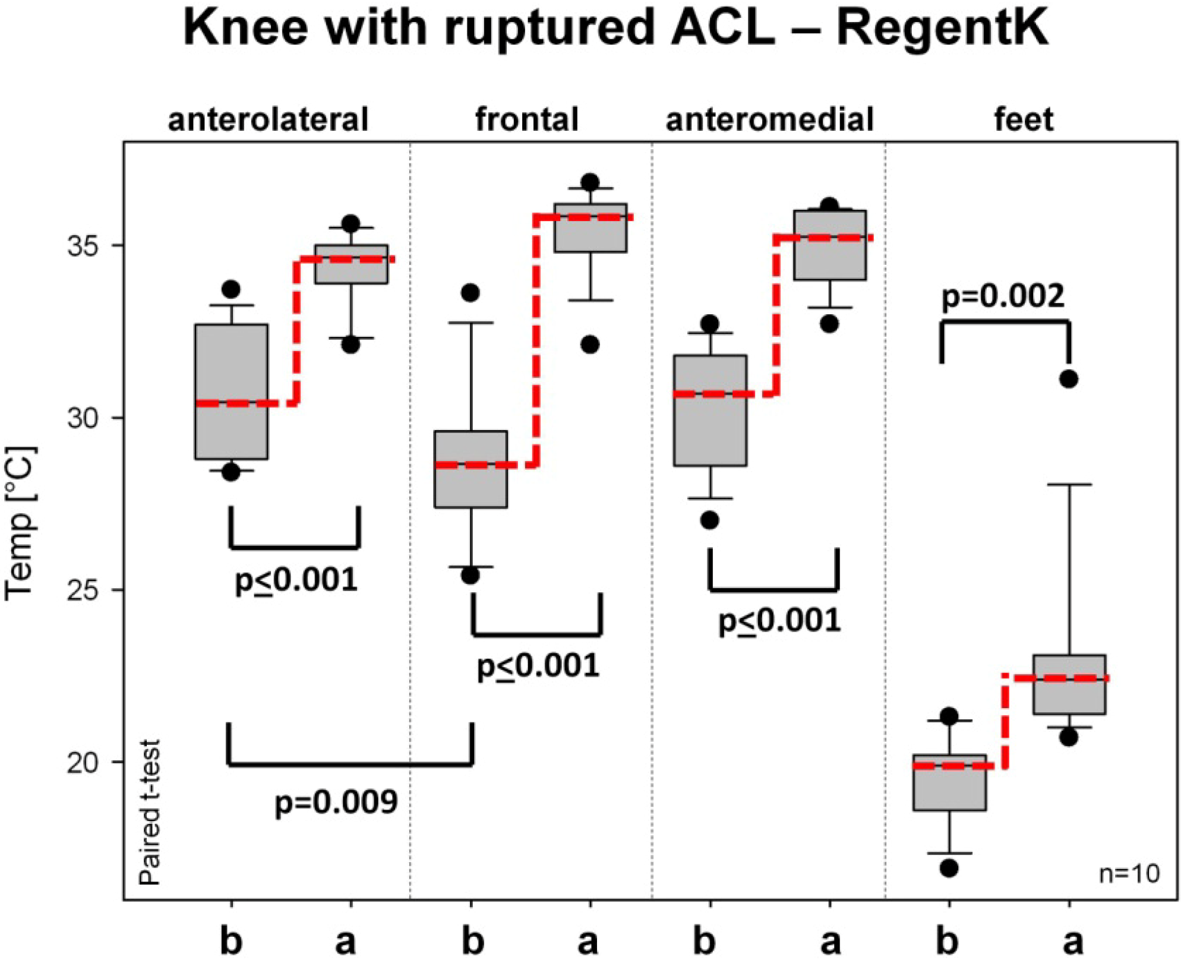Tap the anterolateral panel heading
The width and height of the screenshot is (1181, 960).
(269, 119)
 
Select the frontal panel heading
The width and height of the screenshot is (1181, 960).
(526, 119)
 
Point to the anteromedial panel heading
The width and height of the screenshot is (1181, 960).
(769, 119)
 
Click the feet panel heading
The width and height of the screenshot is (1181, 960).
(1024, 119)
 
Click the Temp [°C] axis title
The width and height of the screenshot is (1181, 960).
(21, 523)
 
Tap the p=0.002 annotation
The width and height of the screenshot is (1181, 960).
(1003, 296)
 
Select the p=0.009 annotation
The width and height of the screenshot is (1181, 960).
(336, 802)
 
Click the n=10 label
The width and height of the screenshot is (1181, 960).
(1129, 874)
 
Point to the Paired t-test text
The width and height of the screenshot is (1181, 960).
(150, 813)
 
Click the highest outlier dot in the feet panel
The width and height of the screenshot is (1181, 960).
(1069, 379)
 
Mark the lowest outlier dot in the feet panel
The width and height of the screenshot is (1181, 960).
(949, 868)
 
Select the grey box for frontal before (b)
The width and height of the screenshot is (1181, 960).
(470, 469)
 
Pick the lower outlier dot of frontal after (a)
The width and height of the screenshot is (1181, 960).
(590, 345)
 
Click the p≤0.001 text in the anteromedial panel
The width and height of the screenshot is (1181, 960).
(779, 621)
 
